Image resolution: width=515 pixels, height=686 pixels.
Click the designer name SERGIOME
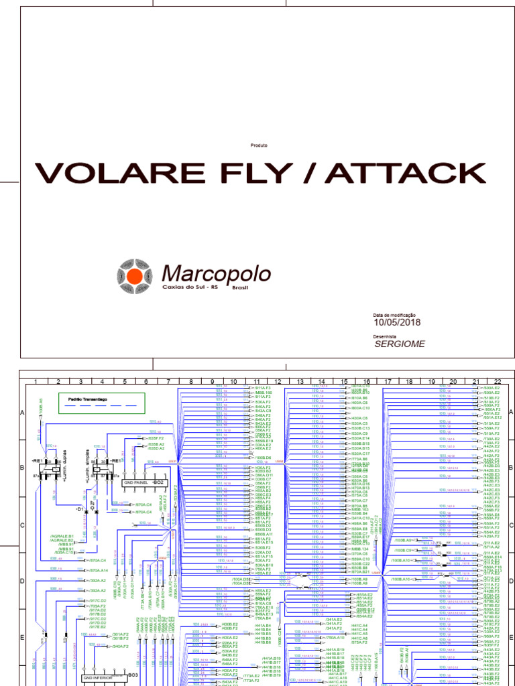[x=400, y=344]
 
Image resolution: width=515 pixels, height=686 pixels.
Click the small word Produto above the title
[x=259, y=145]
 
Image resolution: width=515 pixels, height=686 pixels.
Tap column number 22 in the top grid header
[x=497, y=381]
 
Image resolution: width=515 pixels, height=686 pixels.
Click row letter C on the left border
[x=21, y=525]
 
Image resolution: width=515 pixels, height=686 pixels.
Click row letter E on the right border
[x=511, y=638]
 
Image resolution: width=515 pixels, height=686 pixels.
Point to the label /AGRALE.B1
[x=62, y=536]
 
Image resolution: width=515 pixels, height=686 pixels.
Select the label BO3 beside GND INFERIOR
[x=133, y=675]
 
